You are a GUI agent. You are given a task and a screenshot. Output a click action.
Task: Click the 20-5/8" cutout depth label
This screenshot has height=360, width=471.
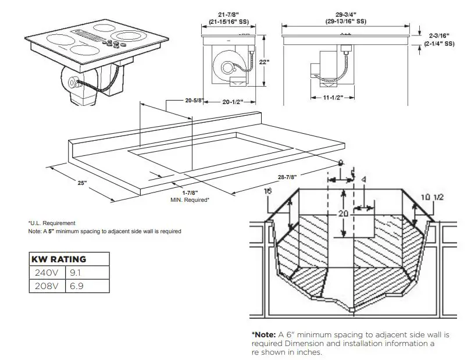point(194,101)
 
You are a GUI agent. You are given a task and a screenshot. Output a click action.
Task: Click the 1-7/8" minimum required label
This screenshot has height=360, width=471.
point(190,193)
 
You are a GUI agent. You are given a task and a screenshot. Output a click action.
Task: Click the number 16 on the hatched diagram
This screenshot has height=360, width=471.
point(267,191)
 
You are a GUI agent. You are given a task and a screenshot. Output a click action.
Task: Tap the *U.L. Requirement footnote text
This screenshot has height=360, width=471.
point(52,223)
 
